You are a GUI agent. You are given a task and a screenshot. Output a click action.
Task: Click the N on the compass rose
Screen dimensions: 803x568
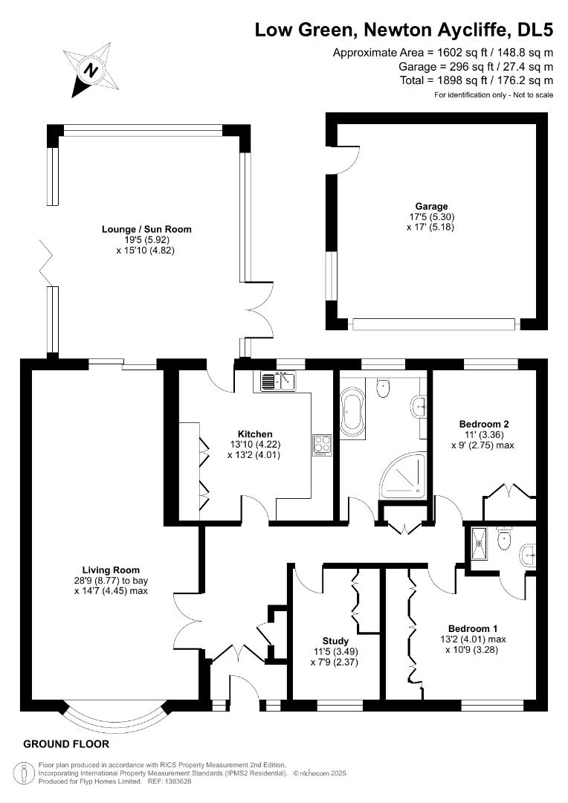pyautogui.click(x=91, y=71)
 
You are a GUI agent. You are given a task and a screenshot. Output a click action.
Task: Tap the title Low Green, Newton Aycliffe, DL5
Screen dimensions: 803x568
pyautogui.click(x=404, y=30)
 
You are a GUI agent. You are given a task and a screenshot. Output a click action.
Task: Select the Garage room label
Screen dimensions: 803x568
pyautogui.click(x=431, y=206)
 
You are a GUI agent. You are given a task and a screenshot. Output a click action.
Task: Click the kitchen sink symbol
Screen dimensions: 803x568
pyautogui.click(x=279, y=381)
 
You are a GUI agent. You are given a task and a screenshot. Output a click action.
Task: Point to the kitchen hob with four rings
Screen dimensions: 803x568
pyautogui.click(x=323, y=446)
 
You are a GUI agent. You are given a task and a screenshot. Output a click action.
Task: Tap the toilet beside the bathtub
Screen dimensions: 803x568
pyautogui.click(x=383, y=385)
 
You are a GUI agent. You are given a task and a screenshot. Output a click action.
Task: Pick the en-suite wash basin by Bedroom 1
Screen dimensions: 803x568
pyautogui.click(x=529, y=552)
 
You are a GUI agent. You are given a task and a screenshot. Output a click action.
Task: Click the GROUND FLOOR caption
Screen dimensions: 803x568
pyautogui.click(x=66, y=744)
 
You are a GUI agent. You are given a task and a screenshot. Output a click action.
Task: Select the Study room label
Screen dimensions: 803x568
pyautogui.click(x=335, y=640)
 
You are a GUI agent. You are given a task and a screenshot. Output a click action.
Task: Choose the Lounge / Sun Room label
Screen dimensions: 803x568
pyautogui.click(x=146, y=229)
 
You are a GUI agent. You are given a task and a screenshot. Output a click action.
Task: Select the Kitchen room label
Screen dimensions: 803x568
pyautogui.click(x=255, y=434)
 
